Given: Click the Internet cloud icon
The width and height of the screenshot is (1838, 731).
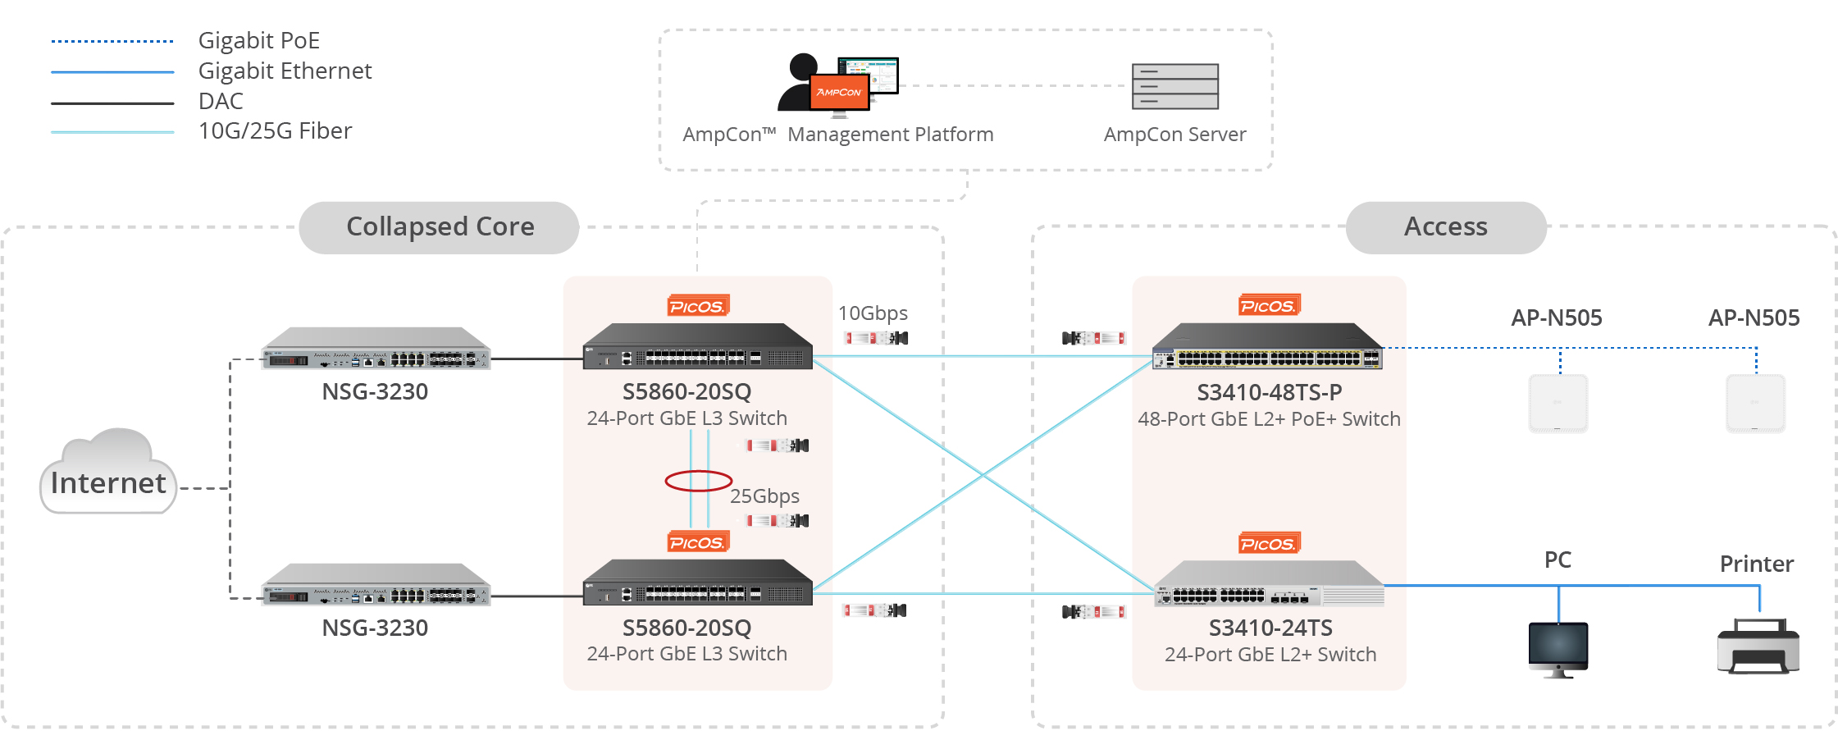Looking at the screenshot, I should [x=108, y=473].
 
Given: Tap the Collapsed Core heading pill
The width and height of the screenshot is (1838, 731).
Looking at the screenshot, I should [x=439, y=227].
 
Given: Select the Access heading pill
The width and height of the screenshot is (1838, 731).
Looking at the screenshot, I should [x=1445, y=227].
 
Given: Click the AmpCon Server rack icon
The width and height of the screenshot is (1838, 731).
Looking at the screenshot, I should [x=1174, y=86].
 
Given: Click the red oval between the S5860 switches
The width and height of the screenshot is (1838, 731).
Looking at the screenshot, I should [x=698, y=481].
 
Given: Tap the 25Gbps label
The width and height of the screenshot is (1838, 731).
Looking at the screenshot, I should [x=764, y=496].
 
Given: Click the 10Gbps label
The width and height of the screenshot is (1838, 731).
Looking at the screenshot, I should [x=873, y=313].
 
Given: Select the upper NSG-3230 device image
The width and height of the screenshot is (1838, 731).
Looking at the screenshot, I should [x=376, y=350].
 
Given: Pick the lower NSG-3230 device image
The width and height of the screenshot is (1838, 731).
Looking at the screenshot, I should [x=376, y=585].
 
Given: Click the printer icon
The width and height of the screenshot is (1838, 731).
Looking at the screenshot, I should [x=1758, y=646].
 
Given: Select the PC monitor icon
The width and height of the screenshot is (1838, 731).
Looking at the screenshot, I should [x=1558, y=648].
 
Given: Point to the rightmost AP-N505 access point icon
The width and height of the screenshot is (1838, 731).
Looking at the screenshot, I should [x=1755, y=404].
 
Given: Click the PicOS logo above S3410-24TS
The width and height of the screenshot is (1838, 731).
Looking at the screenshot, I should [x=1269, y=544].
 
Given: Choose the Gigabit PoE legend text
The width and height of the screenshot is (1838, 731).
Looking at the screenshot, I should [x=259, y=40].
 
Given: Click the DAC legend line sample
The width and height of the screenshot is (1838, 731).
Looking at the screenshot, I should [x=112, y=103].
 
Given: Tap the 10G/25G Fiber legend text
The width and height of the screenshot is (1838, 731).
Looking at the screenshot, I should [x=275, y=131].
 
